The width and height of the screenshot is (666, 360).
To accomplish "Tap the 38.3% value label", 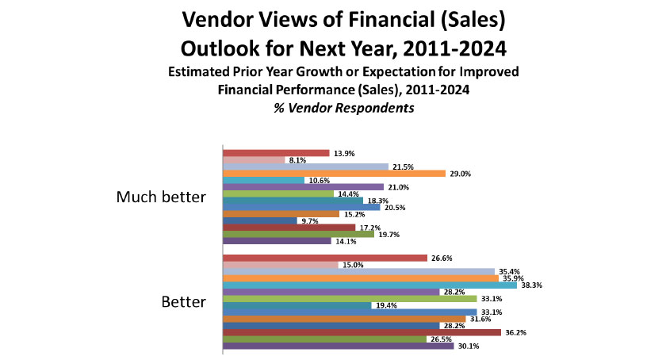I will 530,285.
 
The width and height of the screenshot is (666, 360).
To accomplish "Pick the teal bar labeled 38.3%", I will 369,285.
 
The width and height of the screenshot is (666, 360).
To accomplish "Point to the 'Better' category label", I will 184,301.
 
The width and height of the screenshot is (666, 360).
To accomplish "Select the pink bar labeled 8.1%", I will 254,159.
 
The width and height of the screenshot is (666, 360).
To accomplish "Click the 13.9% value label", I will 343,152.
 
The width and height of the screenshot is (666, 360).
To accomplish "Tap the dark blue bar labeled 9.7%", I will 260,220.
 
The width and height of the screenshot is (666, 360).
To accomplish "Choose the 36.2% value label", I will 515,332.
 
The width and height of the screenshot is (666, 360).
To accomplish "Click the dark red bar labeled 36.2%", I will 362,332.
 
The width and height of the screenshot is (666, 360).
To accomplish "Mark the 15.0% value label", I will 353,265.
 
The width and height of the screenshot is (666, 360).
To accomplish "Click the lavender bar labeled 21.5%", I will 306,166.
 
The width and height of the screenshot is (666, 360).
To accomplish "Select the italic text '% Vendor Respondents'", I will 333,108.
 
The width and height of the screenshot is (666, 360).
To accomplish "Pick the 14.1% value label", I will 344,241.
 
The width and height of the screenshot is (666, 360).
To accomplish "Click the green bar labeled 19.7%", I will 288,234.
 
